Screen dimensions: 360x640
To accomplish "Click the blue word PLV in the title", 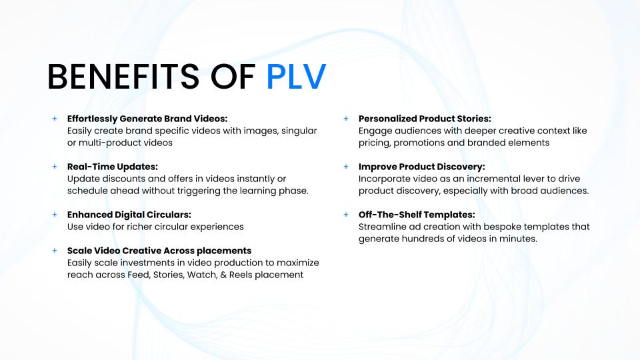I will click(296, 77).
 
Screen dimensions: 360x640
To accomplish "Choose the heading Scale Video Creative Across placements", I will click(159, 251).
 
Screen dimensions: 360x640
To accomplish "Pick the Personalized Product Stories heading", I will click(425, 119).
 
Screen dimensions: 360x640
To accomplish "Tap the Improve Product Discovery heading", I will click(421, 167).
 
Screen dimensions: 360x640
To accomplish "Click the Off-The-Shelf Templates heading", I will click(417, 215).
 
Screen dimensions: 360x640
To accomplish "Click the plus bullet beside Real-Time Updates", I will click(55, 167).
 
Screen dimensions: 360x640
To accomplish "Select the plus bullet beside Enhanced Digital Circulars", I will click(55, 215).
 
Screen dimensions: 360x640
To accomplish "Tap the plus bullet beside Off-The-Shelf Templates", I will click(346, 215).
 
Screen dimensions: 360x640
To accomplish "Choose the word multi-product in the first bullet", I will click(111, 143).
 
